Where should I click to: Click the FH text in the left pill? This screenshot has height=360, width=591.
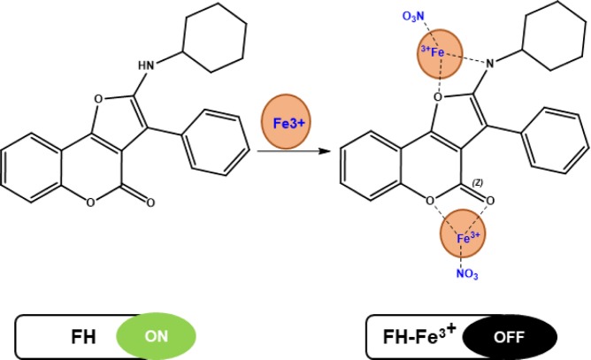(x=83, y=336)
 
